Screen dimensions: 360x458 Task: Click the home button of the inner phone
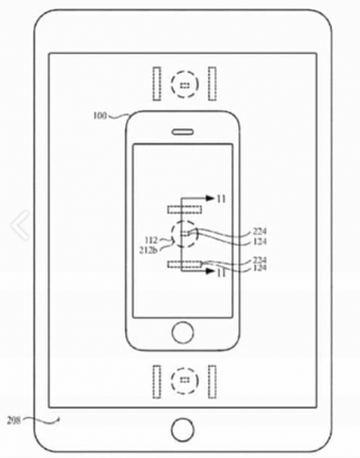pyautogui.click(x=181, y=332)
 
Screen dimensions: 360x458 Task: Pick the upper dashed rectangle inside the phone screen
pyautogui.click(x=180, y=208)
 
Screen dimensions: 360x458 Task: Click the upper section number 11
pyautogui.click(x=221, y=200)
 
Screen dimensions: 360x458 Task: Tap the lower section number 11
pyautogui.click(x=221, y=276)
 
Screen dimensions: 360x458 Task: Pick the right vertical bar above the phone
pyautogui.click(x=213, y=85)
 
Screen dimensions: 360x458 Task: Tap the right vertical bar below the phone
pyautogui.click(x=213, y=381)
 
